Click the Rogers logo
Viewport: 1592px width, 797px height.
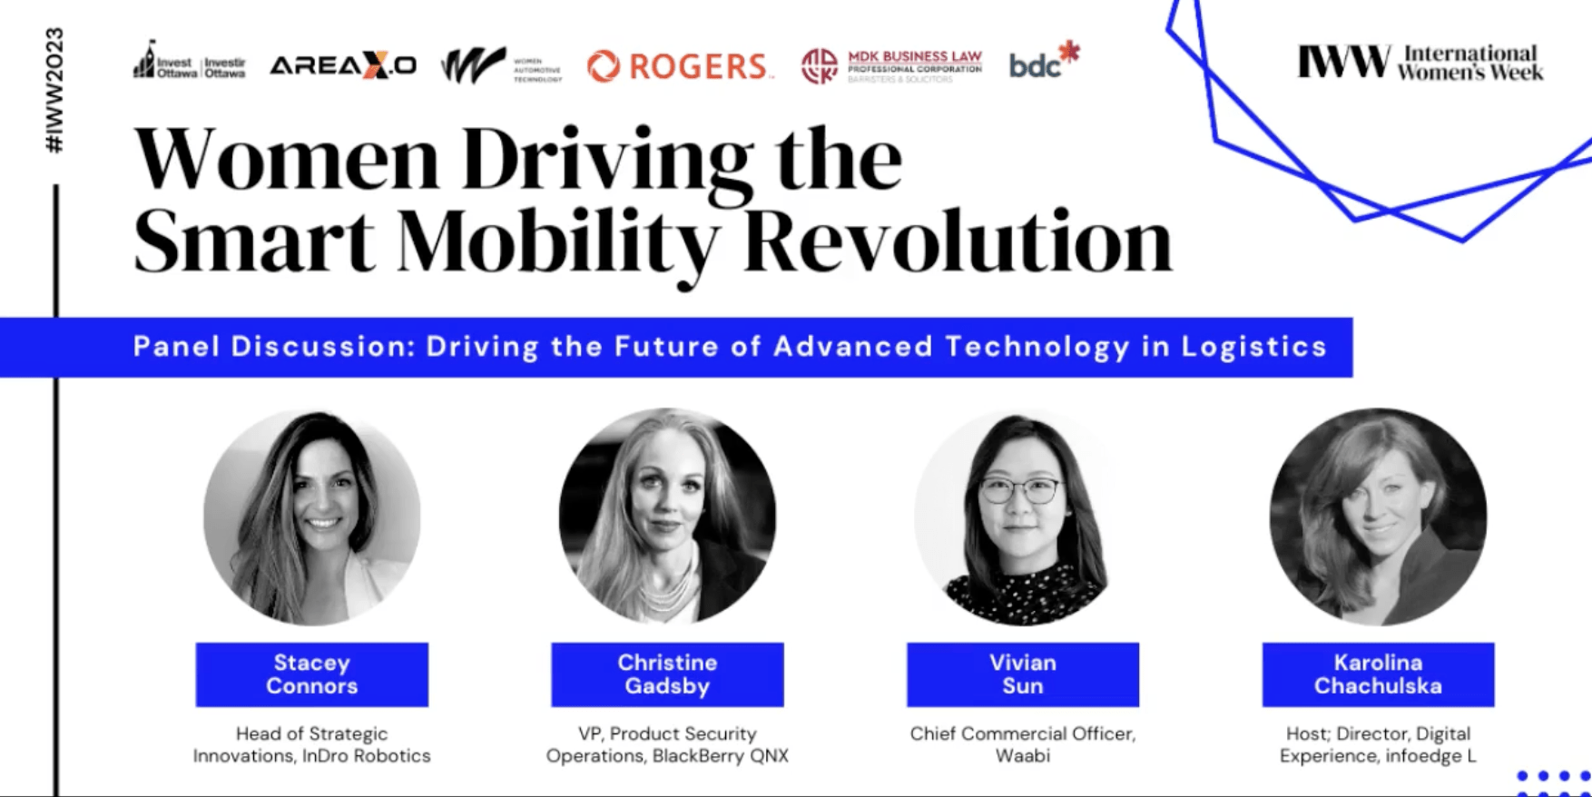tap(679, 66)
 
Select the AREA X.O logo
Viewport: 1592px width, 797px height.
tap(343, 65)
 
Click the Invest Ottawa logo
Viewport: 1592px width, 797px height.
tap(190, 62)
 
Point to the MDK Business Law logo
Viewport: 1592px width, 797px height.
tap(891, 66)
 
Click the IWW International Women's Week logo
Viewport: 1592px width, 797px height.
tap(1420, 63)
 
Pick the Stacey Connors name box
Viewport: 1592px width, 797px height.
tap(311, 674)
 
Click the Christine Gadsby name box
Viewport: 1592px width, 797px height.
tap(667, 674)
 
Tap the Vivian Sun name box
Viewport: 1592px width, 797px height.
tap(1022, 674)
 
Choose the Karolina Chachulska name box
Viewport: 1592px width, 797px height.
tap(1377, 674)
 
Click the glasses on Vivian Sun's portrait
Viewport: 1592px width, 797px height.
tap(1019, 491)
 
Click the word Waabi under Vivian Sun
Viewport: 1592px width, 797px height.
tap(1022, 756)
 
